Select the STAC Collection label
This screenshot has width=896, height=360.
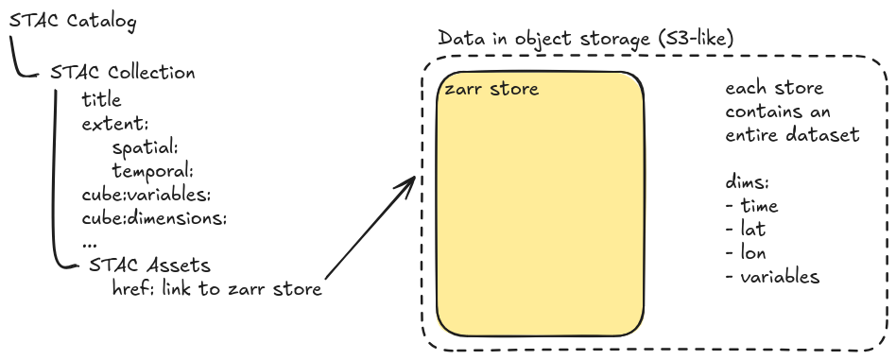pyautogui.click(x=123, y=73)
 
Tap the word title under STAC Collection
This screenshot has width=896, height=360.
pyautogui.click(x=102, y=98)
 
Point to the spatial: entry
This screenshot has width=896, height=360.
pyautogui.click(x=146, y=147)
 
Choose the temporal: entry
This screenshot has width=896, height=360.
pyautogui.click(x=152, y=171)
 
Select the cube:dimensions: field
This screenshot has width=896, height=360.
pyautogui.click(x=155, y=219)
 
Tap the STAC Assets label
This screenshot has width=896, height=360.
pyautogui.click(x=149, y=266)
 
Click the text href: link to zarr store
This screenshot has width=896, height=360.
pyautogui.click(x=216, y=289)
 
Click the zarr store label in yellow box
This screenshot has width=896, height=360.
pyautogui.click(x=491, y=90)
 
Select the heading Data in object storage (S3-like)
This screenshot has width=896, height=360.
pyautogui.click(x=586, y=39)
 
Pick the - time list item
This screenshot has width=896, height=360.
pyautogui.click(x=751, y=206)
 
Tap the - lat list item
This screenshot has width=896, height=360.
pyautogui.click(x=746, y=230)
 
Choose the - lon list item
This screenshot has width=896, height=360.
pyautogui.click(x=746, y=253)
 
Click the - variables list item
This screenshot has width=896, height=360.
pyautogui.click(x=772, y=277)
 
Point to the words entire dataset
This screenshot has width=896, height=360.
pyautogui.click(x=792, y=135)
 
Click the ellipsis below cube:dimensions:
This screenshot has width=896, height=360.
pyautogui.click(x=90, y=242)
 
